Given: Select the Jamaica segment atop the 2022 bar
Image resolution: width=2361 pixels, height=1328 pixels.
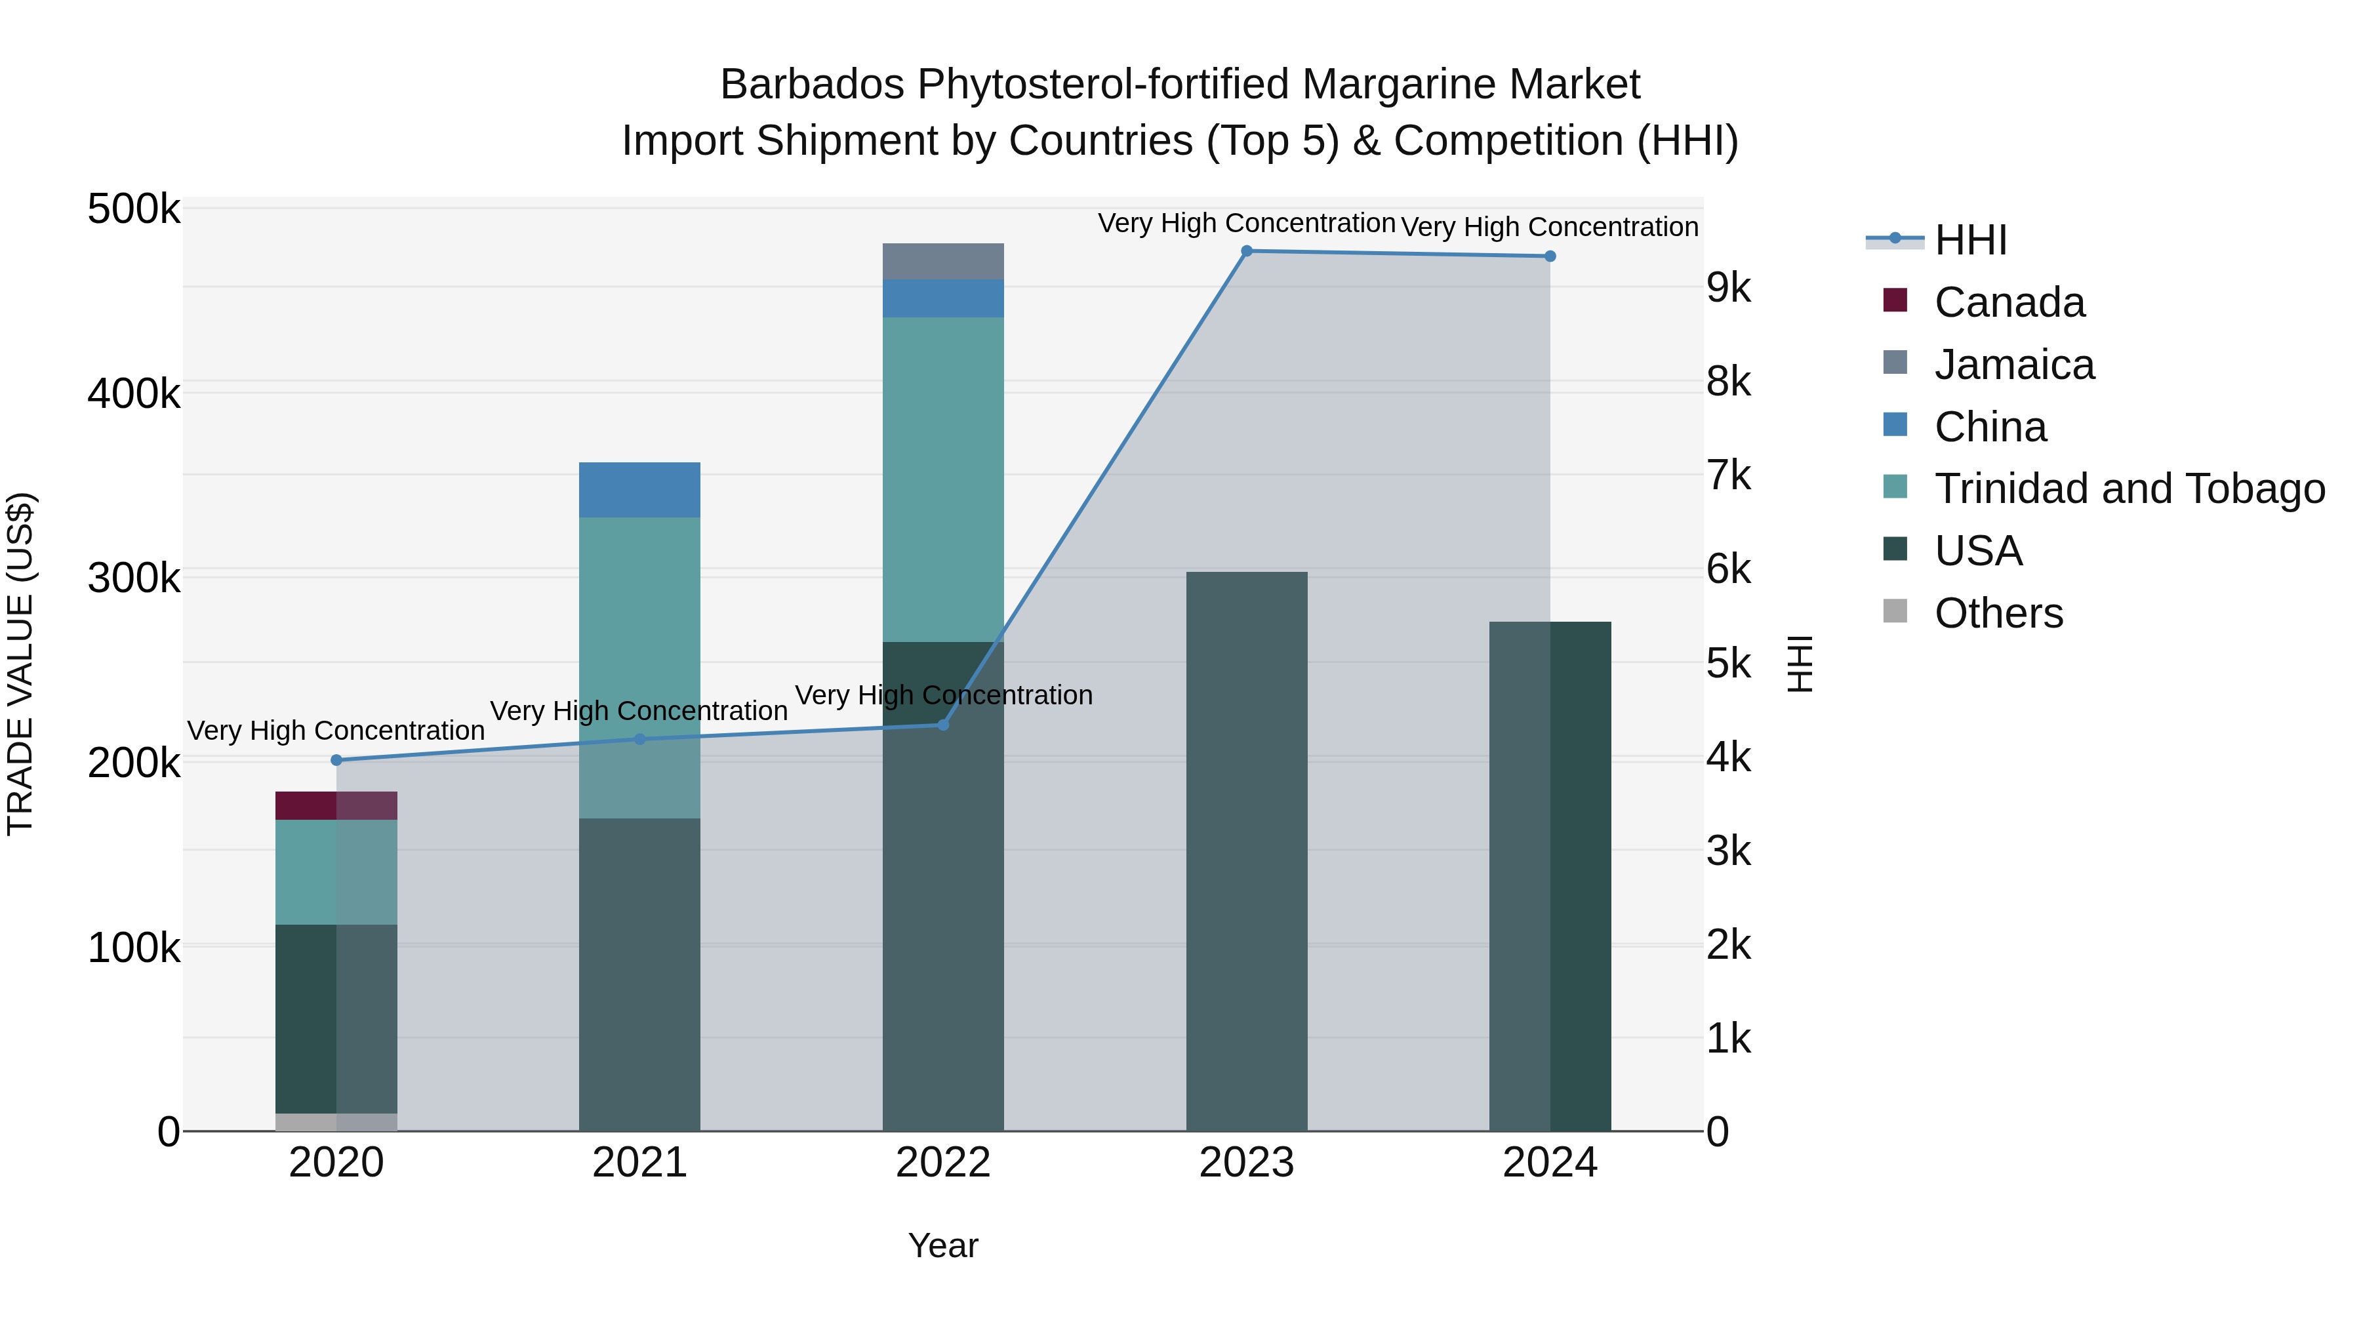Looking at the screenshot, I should pyautogui.click(x=942, y=261).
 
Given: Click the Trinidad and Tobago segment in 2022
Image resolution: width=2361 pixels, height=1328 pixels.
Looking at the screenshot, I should pyautogui.click(x=942, y=479).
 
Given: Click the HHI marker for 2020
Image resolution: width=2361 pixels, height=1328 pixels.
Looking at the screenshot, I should pyautogui.click(x=336, y=760).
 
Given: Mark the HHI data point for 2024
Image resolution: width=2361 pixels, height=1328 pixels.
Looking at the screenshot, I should pyautogui.click(x=1549, y=256).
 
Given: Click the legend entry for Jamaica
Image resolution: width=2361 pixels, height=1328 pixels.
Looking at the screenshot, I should pyautogui.click(x=2013, y=365).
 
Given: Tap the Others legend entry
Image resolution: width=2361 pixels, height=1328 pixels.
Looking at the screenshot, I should pyautogui.click(x=1998, y=613).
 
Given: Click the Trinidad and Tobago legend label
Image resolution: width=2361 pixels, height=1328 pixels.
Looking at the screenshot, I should pyautogui.click(x=2128, y=489).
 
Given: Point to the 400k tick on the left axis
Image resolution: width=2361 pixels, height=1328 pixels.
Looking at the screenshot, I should pyautogui.click(x=134, y=395).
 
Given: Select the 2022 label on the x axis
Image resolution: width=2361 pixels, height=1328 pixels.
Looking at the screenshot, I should pyautogui.click(x=942, y=1163).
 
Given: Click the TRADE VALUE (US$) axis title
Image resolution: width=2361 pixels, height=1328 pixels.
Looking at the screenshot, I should pyautogui.click(x=20, y=664).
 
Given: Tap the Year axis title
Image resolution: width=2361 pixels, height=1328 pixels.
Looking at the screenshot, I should pyautogui.click(x=942, y=1245).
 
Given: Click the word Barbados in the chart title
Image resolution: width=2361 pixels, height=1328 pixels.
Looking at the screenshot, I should pyautogui.click(x=811, y=85).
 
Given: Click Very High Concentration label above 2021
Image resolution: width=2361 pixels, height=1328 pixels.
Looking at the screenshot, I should pyautogui.click(x=639, y=711).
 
